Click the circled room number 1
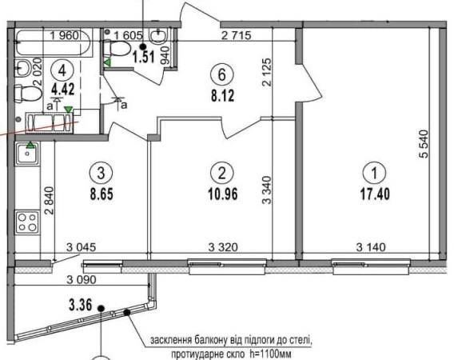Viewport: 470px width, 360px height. (x=374, y=173)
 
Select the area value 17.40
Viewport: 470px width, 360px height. (x=375, y=194)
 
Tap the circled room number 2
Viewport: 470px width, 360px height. (x=222, y=173)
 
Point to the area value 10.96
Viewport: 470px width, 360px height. (x=222, y=194)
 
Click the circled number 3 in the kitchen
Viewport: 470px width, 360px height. (x=101, y=173)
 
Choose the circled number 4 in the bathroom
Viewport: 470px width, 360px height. (x=62, y=70)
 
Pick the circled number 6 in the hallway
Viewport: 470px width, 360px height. (x=222, y=74)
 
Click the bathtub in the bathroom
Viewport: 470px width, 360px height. (x=53, y=42)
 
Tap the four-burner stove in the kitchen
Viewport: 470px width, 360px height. (x=27, y=222)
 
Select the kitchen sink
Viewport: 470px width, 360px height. (x=27, y=154)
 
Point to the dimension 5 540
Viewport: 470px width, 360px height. (x=424, y=144)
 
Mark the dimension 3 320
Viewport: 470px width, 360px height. (x=223, y=247)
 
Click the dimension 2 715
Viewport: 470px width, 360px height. (x=236, y=36)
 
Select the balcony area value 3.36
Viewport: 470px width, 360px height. (x=80, y=306)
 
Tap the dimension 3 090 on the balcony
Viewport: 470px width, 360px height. (x=82, y=280)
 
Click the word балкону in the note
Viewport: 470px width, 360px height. (x=211, y=342)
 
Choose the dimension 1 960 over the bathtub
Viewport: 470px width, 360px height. (x=65, y=36)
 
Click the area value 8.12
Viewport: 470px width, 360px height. (x=222, y=96)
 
